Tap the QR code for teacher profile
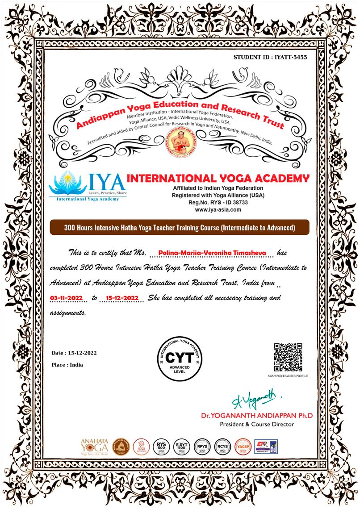click(x=288, y=357)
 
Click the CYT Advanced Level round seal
click(x=180, y=360)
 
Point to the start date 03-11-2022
click(x=67, y=297)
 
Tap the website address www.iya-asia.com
click(x=218, y=209)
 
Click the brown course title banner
click(x=180, y=228)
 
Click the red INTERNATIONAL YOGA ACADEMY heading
click(x=218, y=179)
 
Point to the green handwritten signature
click(x=256, y=397)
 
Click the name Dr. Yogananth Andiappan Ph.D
click(x=257, y=416)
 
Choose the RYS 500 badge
click(x=160, y=446)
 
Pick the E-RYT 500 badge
click(x=181, y=446)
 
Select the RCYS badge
click(x=222, y=446)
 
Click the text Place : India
click(x=67, y=365)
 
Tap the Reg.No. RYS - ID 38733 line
click(x=218, y=202)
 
